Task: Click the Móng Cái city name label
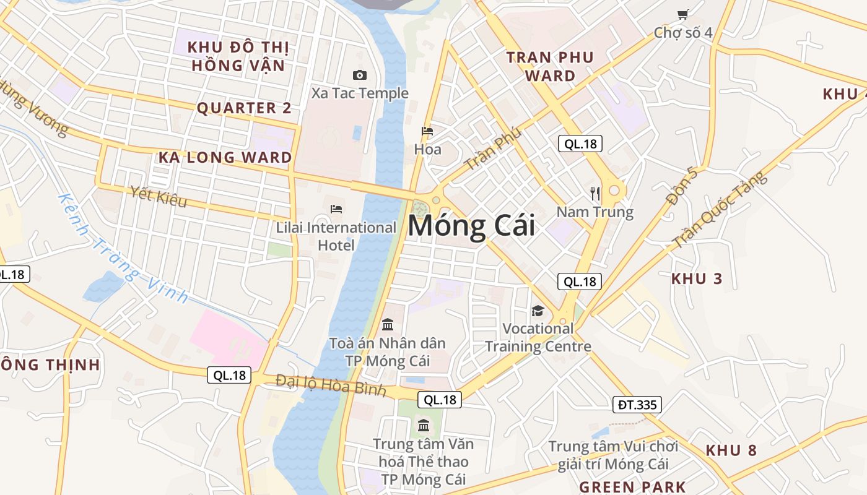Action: (x=471, y=226)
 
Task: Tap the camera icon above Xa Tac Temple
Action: (x=359, y=75)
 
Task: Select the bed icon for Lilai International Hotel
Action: (x=336, y=209)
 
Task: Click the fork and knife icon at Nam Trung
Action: (x=595, y=194)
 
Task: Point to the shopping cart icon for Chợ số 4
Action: (x=682, y=14)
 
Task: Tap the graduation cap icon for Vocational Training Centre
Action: (x=538, y=311)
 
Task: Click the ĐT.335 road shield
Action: (x=637, y=405)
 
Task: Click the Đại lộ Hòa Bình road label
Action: (x=331, y=385)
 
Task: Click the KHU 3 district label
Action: (x=697, y=278)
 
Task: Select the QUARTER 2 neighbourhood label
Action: (x=244, y=108)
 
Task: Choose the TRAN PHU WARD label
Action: (x=550, y=67)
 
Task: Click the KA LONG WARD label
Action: (x=225, y=157)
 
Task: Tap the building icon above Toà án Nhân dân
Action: (x=388, y=324)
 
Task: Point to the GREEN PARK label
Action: (x=632, y=487)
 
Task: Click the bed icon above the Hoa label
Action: (x=427, y=131)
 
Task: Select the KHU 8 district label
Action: (x=731, y=450)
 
